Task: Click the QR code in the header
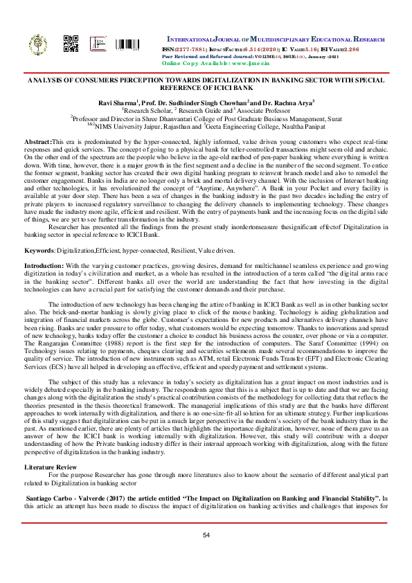71,43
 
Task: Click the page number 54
206,535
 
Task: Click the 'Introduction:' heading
44,246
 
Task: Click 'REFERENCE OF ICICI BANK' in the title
206,88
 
